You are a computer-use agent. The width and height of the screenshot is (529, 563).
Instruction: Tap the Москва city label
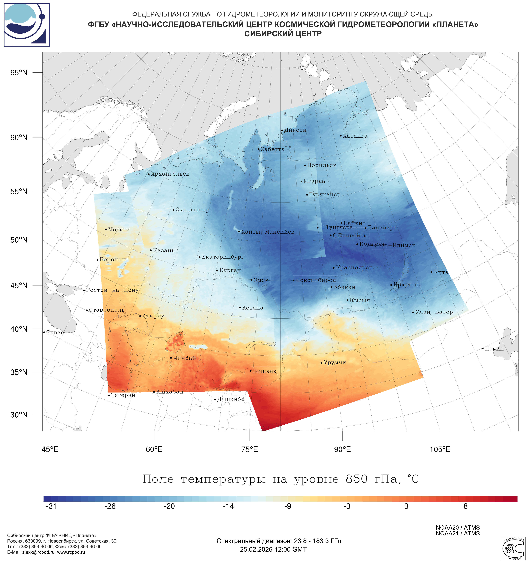(119, 229)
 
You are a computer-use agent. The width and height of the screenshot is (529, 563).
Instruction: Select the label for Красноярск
(354, 267)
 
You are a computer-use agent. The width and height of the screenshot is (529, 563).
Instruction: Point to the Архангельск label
(170, 174)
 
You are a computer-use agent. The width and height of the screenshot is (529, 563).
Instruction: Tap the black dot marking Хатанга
(341, 136)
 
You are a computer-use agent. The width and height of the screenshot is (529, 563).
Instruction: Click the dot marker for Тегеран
(109, 395)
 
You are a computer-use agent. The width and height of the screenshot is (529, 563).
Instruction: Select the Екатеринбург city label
(223, 257)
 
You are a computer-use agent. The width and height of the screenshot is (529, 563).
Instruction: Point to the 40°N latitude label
(19, 329)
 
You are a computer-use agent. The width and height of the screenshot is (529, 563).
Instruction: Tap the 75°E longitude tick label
(250, 449)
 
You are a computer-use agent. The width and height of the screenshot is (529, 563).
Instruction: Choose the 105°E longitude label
(440, 449)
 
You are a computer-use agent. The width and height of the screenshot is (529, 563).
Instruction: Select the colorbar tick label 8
(465, 506)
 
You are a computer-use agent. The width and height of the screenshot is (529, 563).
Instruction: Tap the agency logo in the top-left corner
(27, 25)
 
